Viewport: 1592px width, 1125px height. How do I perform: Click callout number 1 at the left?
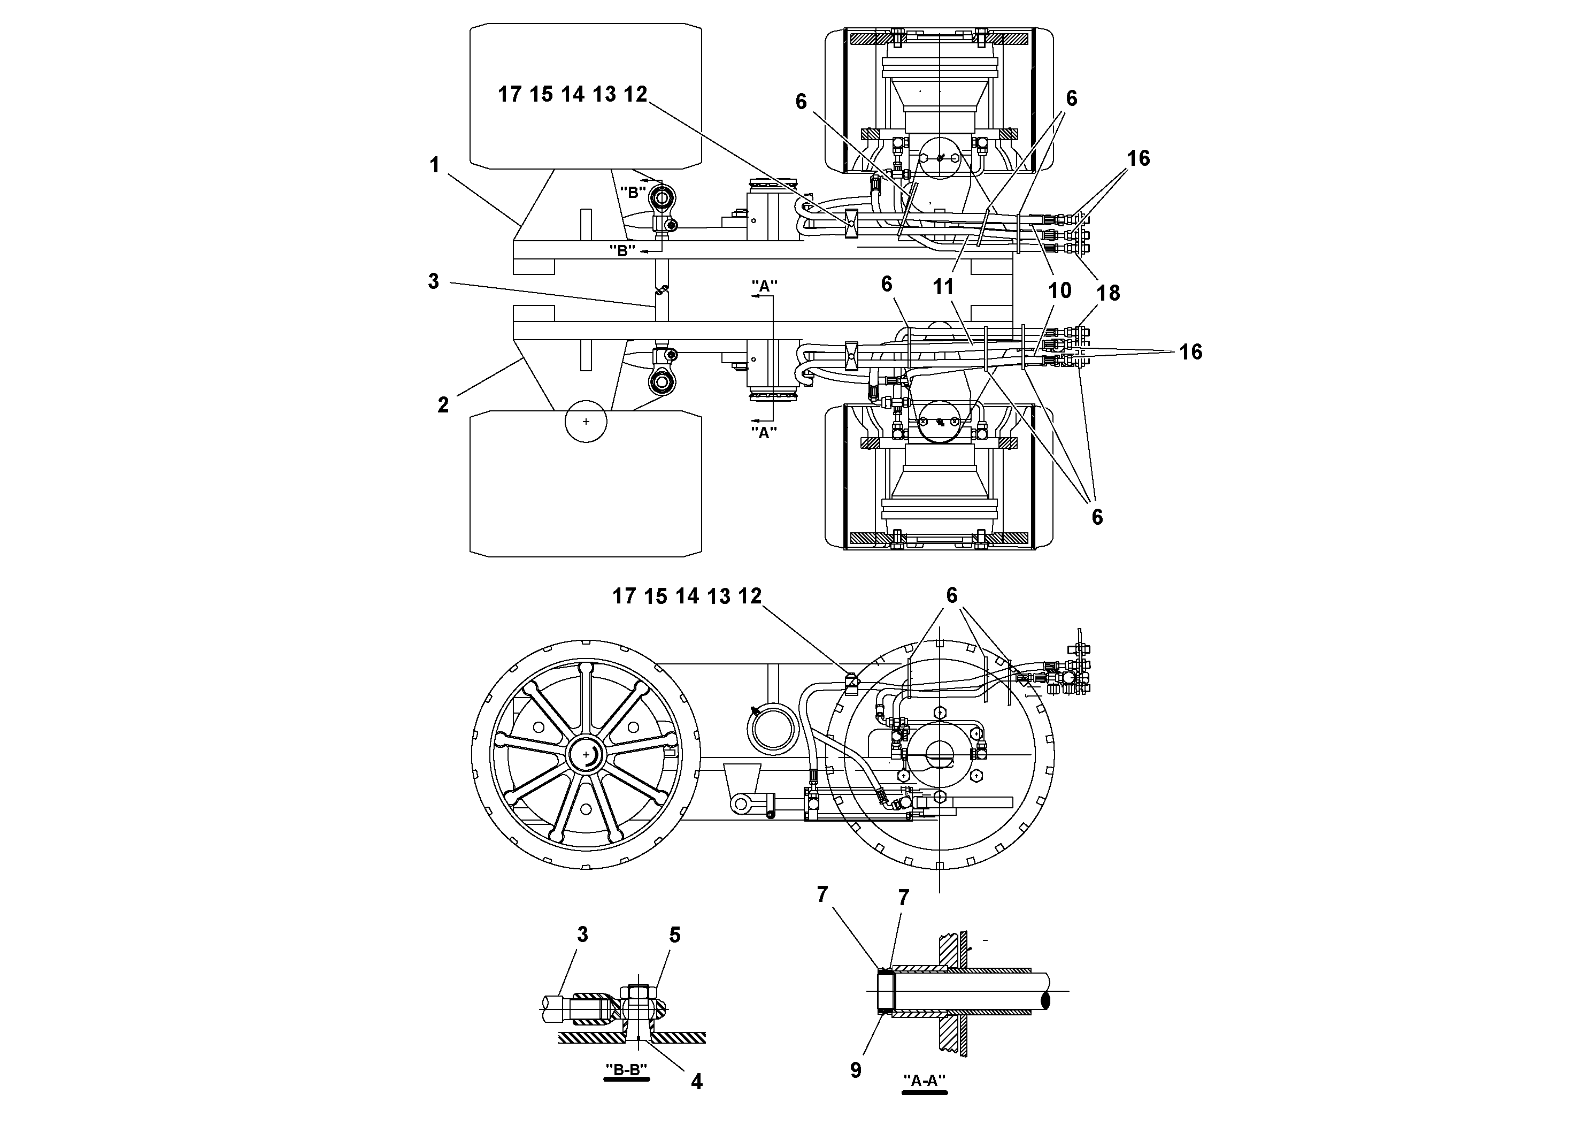(435, 165)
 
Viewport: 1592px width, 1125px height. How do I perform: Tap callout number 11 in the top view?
(943, 286)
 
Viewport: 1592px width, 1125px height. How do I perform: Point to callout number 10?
(1059, 290)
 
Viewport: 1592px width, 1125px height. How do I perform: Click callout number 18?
(1108, 293)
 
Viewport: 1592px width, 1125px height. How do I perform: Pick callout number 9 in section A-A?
(856, 1070)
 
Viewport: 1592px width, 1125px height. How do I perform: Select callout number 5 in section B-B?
(675, 935)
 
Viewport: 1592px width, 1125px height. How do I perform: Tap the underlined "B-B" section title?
(627, 1070)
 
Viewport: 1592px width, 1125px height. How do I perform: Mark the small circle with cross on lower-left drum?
(586, 421)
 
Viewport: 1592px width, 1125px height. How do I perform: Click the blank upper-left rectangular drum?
(586, 96)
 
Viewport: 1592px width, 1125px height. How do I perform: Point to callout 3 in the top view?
(433, 281)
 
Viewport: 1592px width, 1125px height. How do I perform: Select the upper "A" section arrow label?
(764, 285)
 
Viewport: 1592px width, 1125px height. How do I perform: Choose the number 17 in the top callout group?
(510, 94)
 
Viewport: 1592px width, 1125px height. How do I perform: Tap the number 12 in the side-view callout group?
(750, 596)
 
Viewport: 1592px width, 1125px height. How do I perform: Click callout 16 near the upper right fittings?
(1138, 158)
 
